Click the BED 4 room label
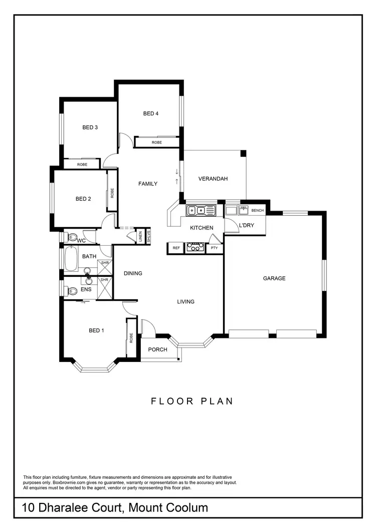[x=151, y=114]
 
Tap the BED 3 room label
[x=90, y=128]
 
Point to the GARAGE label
[x=274, y=278]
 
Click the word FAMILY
[x=148, y=184]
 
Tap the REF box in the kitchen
[x=176, y=248]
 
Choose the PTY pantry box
[x=214, y=248]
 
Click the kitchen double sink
[x=200, y=210]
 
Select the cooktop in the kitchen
[x=195, y=247]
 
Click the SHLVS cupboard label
[x=148, y=235]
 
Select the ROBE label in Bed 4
[x=157, y=143]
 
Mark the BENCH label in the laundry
[x=258, y=211]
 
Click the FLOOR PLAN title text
[x=193, y=401]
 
